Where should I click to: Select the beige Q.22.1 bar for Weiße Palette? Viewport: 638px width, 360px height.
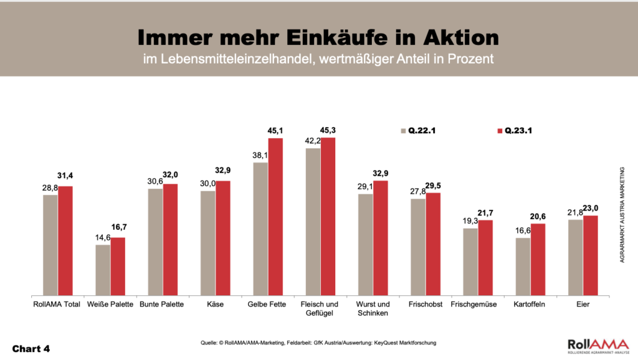pos(103,270)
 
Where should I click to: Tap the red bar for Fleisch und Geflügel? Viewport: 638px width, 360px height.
pos(328,217)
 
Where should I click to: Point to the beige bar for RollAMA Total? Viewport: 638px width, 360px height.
pos(50,245)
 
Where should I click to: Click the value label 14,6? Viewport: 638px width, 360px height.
pos(102,238)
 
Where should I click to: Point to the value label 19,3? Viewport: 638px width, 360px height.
pos(470,221)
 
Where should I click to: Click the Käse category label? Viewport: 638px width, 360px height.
pos(214,304)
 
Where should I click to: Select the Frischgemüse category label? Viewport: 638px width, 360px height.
pos(478,304)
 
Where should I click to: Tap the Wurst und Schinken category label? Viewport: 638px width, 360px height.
pos(373,308)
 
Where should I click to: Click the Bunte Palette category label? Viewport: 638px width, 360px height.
pos(162,304)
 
